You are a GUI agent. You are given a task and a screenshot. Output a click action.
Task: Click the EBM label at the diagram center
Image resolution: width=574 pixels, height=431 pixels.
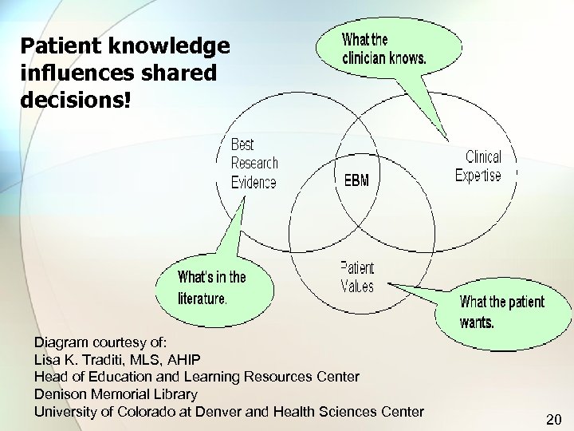[x=356, y=181]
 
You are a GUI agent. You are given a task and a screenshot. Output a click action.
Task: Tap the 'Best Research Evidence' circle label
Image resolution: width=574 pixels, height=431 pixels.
[x=254, y=164]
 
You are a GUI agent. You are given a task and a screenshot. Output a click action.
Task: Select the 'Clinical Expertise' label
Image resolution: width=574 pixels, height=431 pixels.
[x=478, y=166]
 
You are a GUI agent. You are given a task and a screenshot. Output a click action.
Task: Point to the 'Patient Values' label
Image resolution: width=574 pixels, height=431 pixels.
[x=356, y=276]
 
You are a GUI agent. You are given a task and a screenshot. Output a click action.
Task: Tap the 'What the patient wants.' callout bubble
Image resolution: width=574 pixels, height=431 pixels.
[x=501, y=312]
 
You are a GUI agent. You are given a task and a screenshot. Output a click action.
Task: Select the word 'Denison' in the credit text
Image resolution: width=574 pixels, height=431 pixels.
[x=61, y=393]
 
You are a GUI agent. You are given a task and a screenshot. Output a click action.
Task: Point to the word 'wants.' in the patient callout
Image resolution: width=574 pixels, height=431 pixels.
[x=478, y=322]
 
